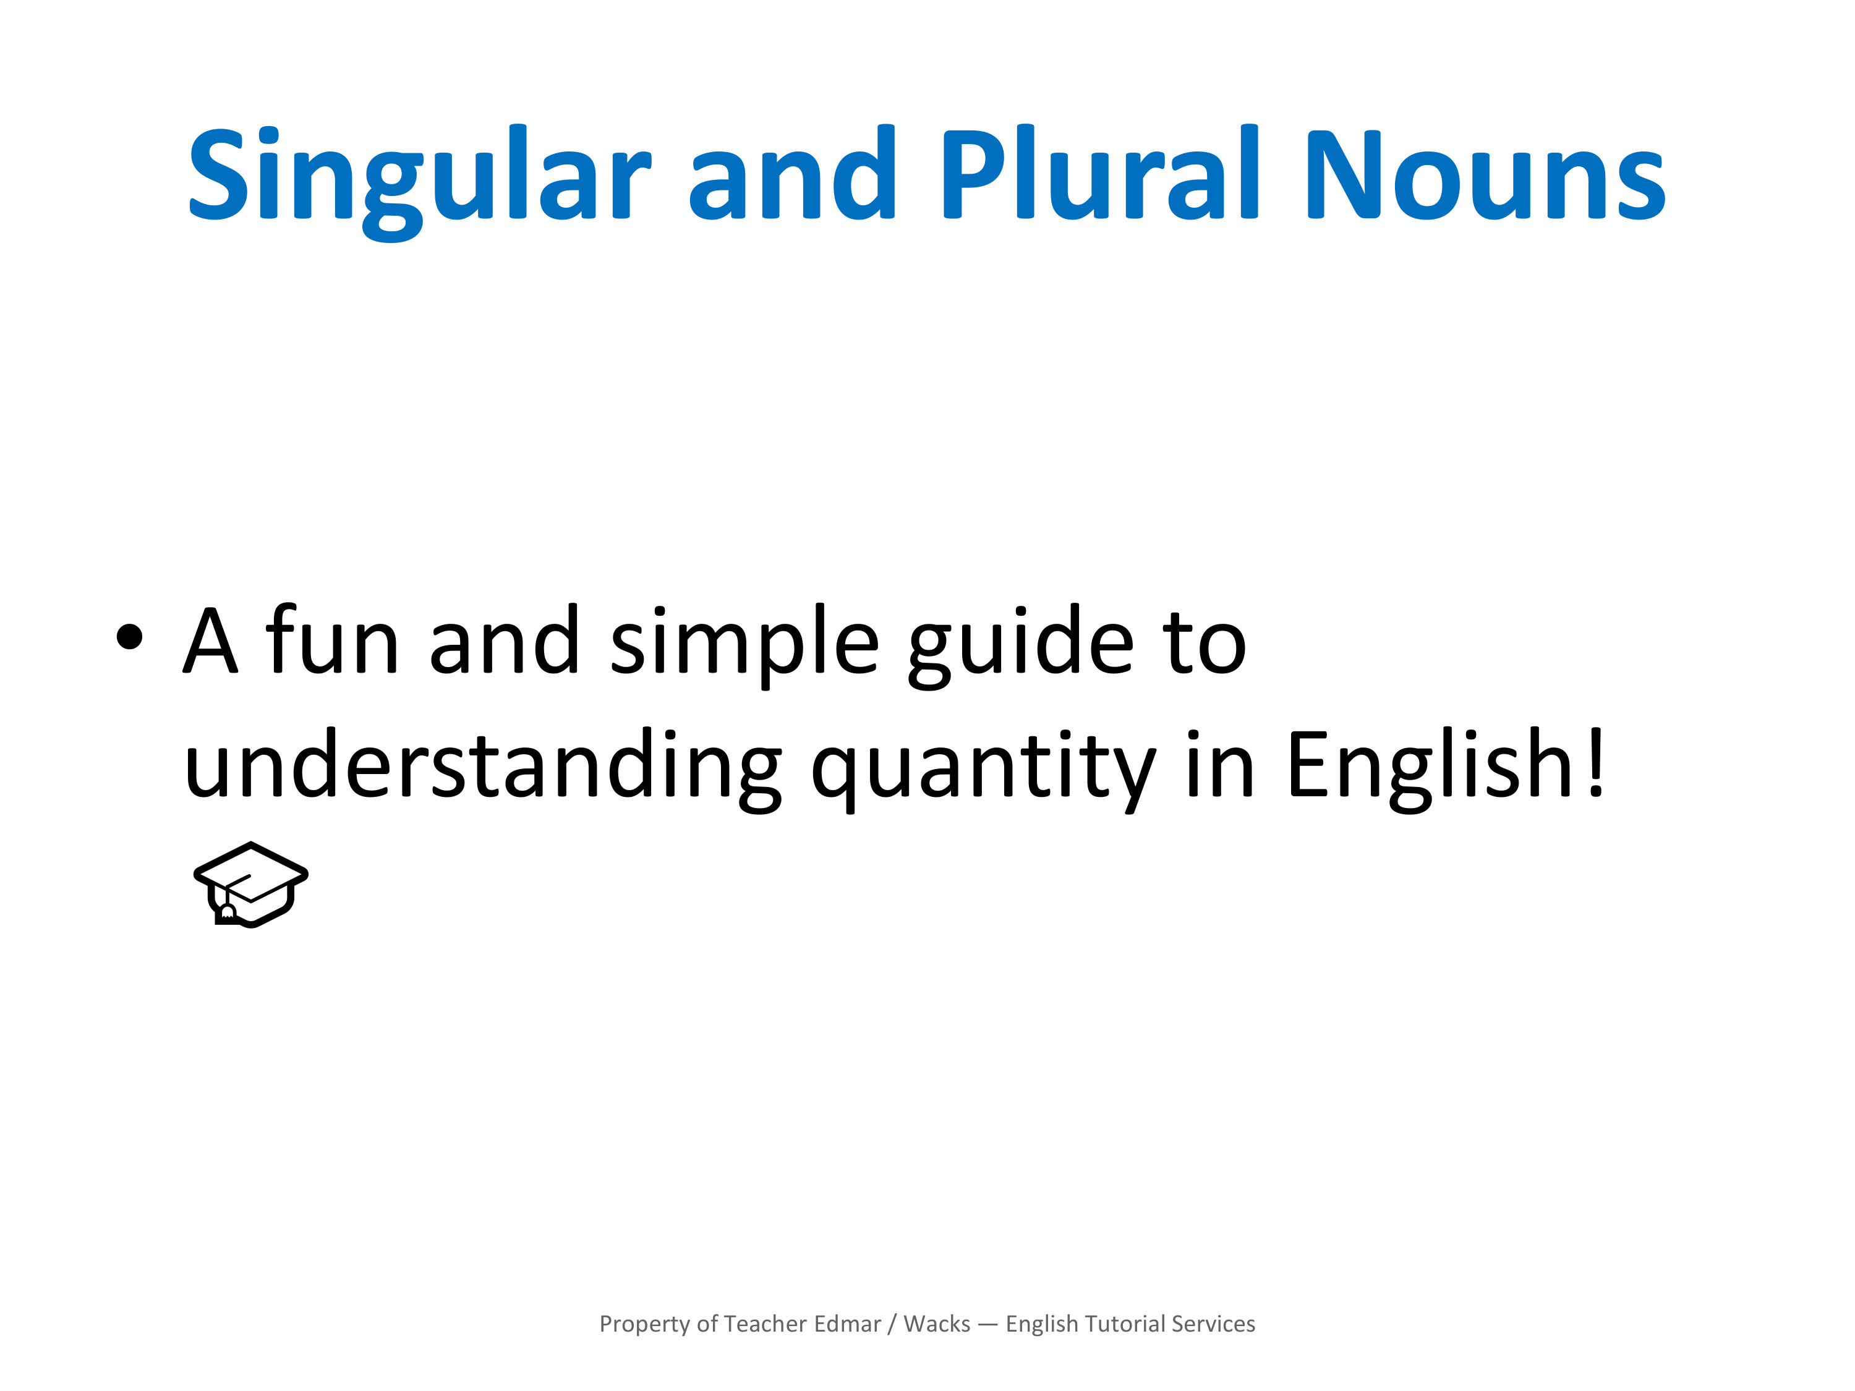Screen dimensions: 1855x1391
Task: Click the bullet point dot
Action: click(x=130, y=636)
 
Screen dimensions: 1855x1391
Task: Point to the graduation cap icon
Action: click(x=251, y=885)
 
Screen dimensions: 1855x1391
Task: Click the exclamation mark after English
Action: click(x=1595, y=761)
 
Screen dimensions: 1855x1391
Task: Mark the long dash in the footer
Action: click(x=988, y=1325)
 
